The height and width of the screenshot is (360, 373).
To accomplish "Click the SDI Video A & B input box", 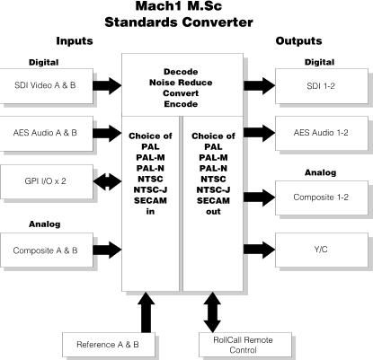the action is [46, 86].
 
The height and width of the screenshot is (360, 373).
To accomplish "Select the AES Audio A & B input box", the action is [46, 134].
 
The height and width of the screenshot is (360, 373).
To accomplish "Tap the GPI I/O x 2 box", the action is [46, 181].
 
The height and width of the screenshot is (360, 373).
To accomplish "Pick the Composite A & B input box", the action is [46, 250].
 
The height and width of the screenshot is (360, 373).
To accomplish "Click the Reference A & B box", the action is [109, 345].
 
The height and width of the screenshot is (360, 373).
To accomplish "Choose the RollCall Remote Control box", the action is [245, 345].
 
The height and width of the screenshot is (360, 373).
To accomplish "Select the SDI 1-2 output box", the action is [322, 86].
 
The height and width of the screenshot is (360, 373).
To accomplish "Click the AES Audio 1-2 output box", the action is [322, 133].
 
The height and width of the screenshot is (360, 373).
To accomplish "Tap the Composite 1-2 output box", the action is [322, 198].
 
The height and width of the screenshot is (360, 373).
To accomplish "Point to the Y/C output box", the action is [322, 250].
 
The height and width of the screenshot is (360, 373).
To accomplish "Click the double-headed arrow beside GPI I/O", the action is [107, 181].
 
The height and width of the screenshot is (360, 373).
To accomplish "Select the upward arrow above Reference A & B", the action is [147, 312].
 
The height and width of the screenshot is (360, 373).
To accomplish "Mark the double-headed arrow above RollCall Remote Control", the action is [212, 312].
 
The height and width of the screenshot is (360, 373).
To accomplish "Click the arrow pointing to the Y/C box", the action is [260, 250].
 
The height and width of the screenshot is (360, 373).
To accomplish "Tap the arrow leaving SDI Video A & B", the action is [107, 86].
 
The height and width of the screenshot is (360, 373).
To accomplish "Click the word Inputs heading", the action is [75, 41].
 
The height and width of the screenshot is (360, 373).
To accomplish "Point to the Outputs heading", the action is [298, 41].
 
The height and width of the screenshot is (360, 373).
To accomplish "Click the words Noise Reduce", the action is [181, 83].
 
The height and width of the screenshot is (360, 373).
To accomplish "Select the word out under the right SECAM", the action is [213, 212].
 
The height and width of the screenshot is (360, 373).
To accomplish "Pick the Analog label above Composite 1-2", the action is [320, 172].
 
